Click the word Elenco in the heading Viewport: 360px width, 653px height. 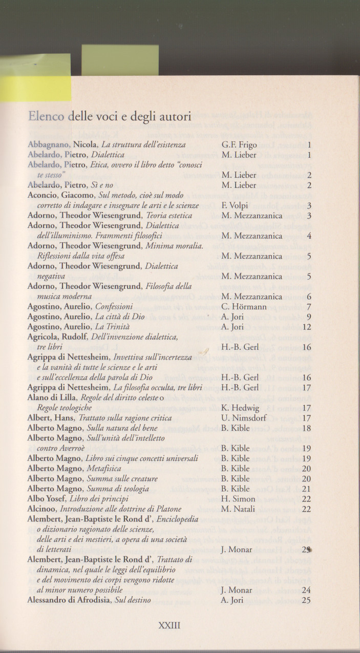tap(47, 117)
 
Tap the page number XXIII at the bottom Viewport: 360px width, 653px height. tap(170, 625)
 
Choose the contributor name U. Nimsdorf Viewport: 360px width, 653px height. tap(245, 418)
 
